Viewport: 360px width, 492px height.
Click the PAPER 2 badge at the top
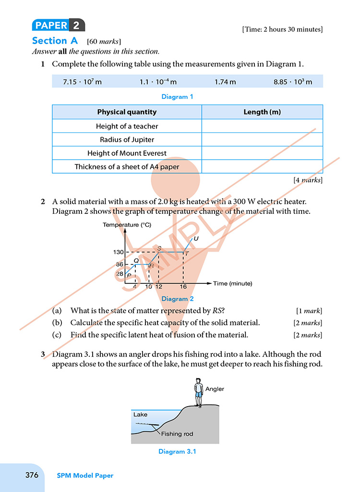58,25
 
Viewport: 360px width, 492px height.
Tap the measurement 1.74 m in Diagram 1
225,82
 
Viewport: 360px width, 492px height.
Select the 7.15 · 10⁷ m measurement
83,82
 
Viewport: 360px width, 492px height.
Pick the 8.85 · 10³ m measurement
293,82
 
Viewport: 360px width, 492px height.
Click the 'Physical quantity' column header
127,112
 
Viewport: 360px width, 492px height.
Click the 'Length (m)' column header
262,112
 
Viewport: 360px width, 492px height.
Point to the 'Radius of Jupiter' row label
127,140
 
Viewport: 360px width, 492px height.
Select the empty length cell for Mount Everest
262,153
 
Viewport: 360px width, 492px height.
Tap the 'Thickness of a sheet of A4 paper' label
127,167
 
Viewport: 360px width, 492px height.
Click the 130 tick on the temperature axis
119,252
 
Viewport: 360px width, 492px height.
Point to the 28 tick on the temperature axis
120,274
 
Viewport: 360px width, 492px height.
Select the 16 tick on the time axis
183,286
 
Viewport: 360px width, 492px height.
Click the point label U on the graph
196,238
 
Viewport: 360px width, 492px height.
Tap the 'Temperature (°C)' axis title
127,225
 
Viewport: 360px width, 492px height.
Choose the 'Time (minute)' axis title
232,283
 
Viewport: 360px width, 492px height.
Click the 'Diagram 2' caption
178,299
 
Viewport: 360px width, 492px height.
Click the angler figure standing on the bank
198,392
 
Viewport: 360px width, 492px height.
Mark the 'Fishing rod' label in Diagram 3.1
177,434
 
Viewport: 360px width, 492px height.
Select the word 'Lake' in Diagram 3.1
140,414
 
